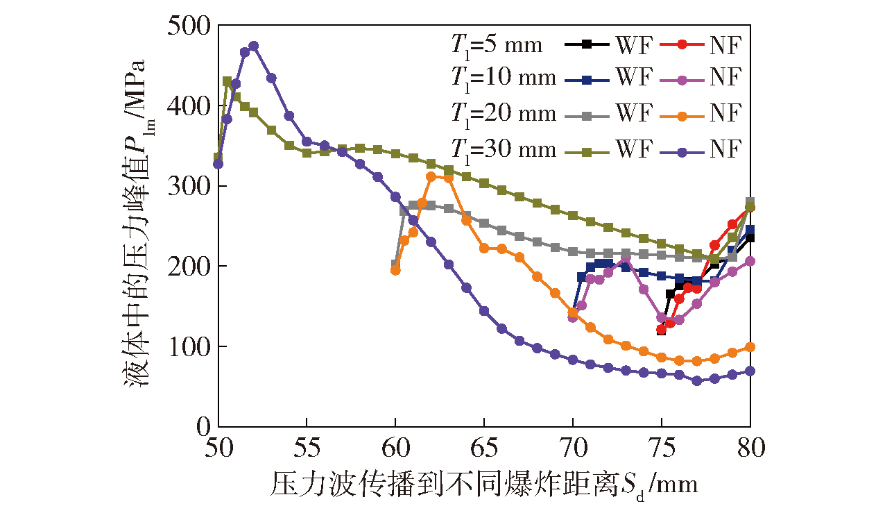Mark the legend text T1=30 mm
tap(499, 149)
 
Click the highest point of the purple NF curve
tap(253, 46)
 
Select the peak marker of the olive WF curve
tap(227, 81)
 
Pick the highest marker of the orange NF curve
tap(431, 176)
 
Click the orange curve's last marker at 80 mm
tap(750, 347)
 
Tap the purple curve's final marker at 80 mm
tap(750, 371)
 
